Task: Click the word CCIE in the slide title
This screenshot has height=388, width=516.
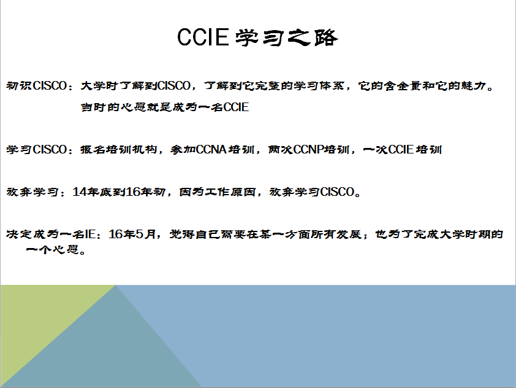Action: (x=203, y=37)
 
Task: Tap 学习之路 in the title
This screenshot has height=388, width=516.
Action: (x=287, y=37)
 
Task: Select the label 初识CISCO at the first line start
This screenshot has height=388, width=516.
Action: (x=37, y=86)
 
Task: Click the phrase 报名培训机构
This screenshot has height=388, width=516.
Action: (x=119, y=150)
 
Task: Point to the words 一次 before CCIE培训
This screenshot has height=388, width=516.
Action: (x=376, y=150)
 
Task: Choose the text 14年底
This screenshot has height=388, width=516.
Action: (x=92, y=192)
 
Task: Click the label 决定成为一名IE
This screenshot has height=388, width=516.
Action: (x=51, y=234)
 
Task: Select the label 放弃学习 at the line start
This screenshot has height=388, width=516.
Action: (x=32, y=192)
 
